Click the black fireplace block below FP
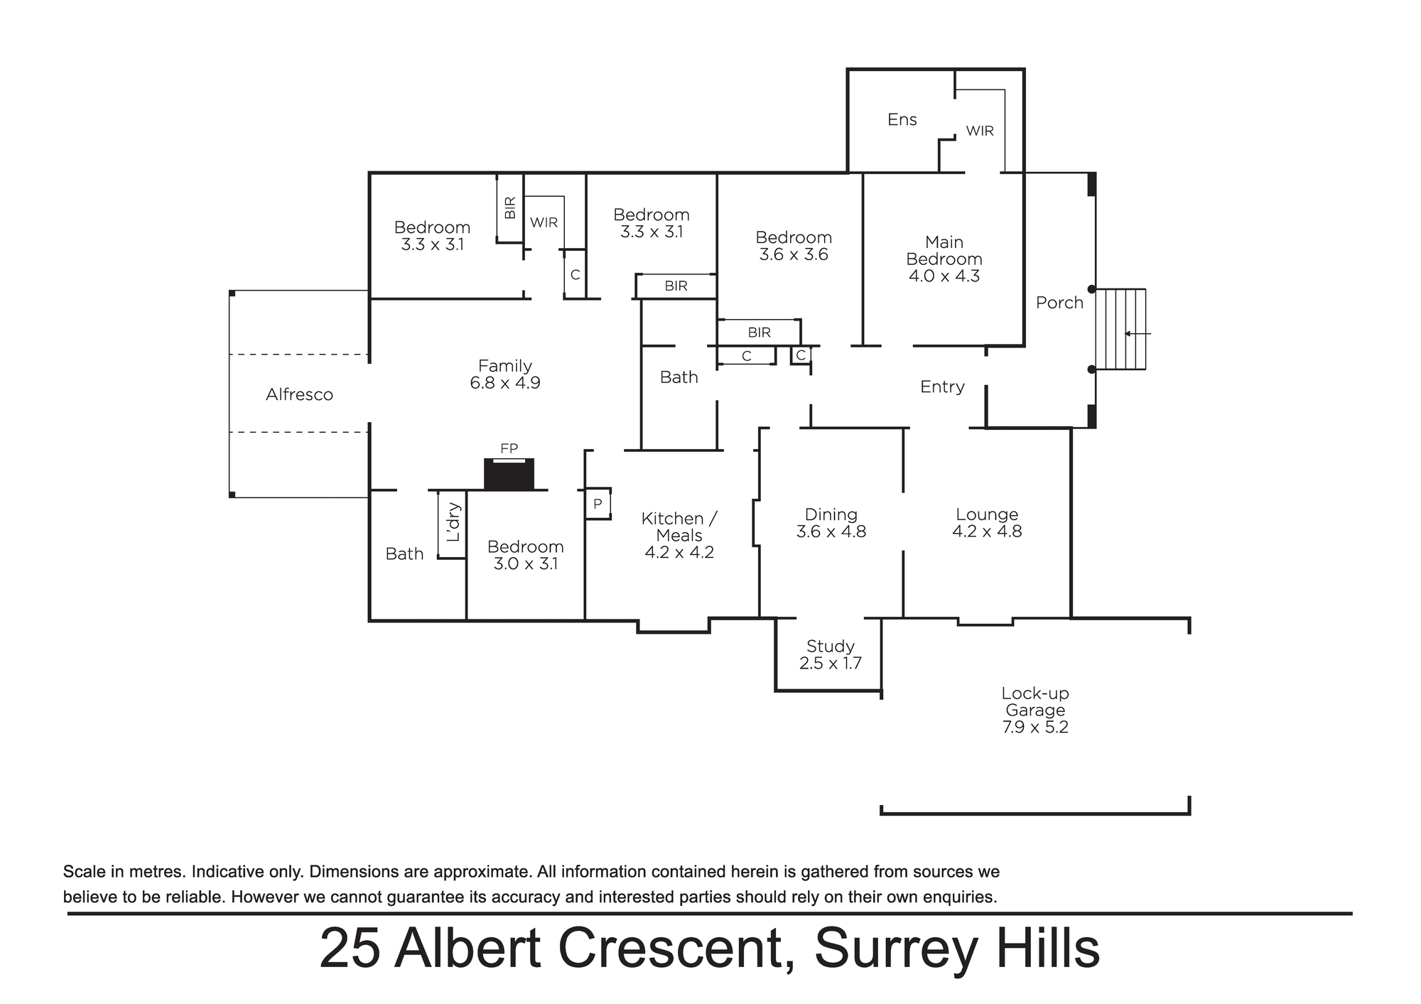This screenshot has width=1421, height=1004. pos(509,474)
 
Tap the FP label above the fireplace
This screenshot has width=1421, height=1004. pos(509,448)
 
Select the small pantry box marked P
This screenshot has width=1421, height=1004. pos(598,504)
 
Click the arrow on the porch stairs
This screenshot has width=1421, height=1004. pos(1138,333)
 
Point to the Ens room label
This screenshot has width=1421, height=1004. pos(902,119)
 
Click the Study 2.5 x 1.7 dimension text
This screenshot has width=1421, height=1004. pos(831,664)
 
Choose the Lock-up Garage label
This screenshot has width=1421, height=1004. pos(1035,701)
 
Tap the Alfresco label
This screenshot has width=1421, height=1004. pos(299,394)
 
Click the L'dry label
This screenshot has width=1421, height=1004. pos(453,522)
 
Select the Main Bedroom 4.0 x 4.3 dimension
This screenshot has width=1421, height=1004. pos(944,276)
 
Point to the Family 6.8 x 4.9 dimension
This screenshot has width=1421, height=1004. pos(505,383)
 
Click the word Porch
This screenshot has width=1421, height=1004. pos(1059,303)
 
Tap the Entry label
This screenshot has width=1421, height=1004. pos(942,387)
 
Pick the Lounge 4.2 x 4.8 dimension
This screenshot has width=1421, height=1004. pos(987,531)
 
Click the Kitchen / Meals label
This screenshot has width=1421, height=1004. pos(679,527)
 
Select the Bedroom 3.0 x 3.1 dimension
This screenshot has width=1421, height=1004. pos(526,564)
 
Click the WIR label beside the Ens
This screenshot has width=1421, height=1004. pos(980,131)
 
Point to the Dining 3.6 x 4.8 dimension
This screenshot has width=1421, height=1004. pos(831,531)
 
